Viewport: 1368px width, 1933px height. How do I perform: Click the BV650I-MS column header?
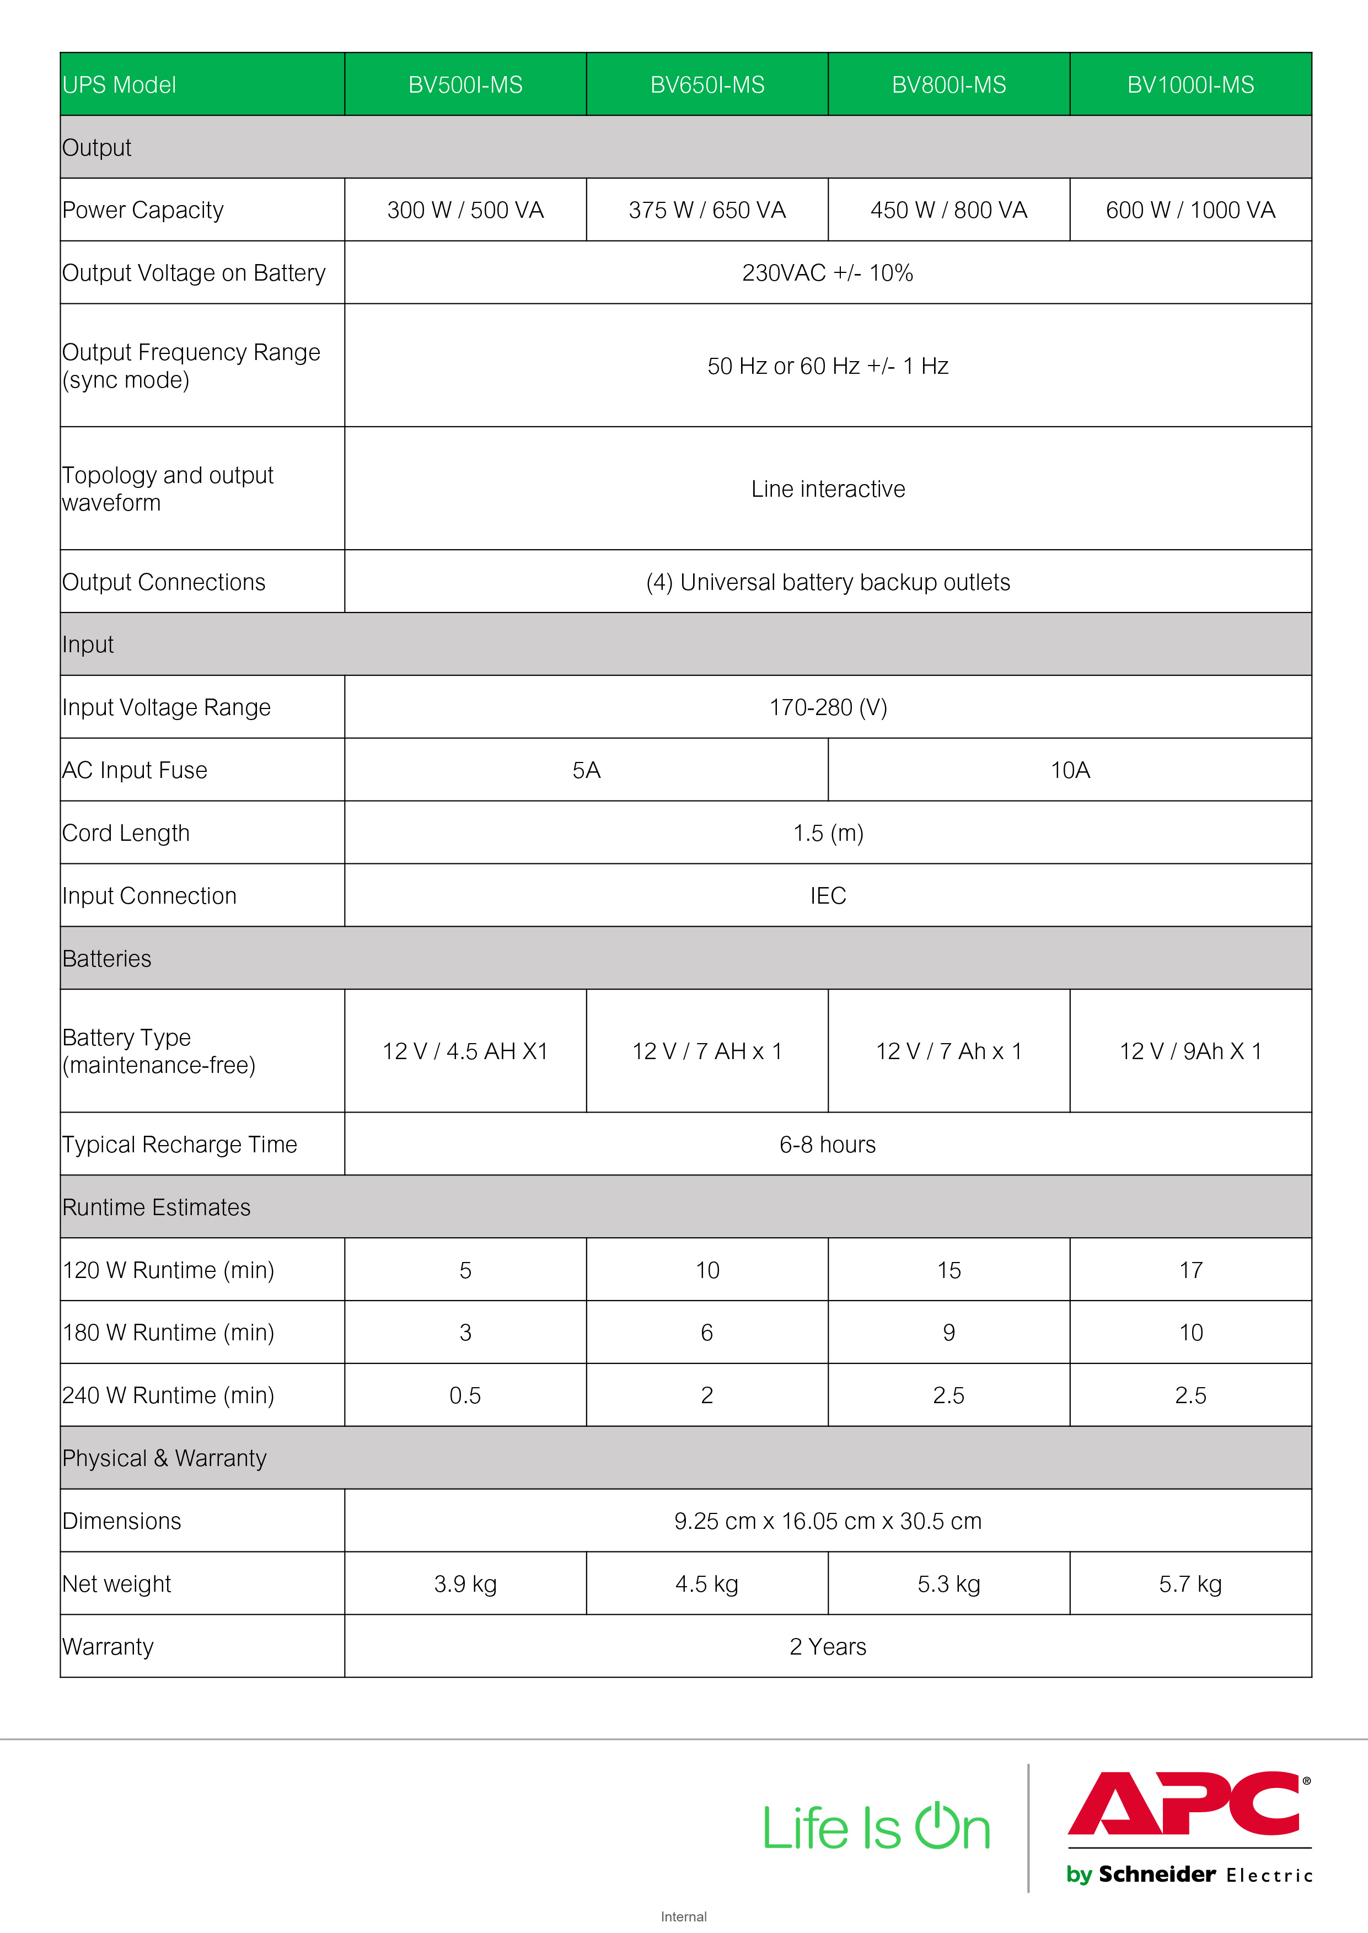coord(707,85)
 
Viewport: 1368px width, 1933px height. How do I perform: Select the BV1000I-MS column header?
coord(1190,85)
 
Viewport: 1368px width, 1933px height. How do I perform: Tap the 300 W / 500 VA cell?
coord(465,210)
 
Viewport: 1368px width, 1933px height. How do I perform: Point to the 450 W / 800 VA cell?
coord(948,210)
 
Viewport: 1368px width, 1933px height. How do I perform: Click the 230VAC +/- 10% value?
coord(827,273)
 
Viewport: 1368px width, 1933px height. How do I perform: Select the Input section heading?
coord(88,645)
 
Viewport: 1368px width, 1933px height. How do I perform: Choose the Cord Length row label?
coord(126,833)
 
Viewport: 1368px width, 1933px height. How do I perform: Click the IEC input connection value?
coord(827,896)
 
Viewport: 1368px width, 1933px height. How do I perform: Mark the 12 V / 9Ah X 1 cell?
coord(1190,1051)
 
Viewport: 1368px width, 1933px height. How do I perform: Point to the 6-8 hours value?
coord(827,1145)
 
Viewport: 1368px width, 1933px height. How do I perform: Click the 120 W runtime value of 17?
coord(1190,1270)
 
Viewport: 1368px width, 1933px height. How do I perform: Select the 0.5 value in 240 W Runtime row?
coord(465,1395)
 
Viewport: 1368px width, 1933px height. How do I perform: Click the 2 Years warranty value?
coord(827,1647)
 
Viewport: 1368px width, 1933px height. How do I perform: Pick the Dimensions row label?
coord(122,1521)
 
